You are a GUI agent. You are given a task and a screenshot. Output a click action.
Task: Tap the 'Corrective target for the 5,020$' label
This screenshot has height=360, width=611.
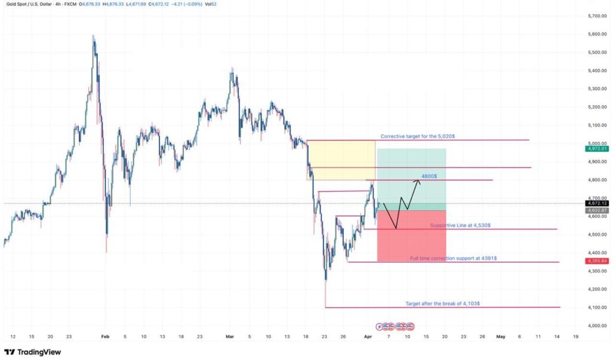pyautogui.click(x=418, y=137)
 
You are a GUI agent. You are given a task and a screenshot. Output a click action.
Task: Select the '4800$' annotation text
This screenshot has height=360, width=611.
pyautogui.click(x=428, y=176)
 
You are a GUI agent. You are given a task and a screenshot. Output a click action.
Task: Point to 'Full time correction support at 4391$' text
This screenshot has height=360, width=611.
pyautogui.click(x=453, y=259)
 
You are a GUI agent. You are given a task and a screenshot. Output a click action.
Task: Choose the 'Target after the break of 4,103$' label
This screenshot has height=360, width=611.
pyautogui.click(x=443, y=304)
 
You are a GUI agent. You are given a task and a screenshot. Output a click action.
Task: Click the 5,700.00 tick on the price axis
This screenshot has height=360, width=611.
pyautogui.click(x=596, y=16)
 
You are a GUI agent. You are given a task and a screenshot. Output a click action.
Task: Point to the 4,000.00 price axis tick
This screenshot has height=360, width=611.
pyautogui.click(x=596, y=326)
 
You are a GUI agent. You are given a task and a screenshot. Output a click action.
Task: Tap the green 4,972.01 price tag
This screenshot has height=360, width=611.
pyautogui.click(x=596, y=149)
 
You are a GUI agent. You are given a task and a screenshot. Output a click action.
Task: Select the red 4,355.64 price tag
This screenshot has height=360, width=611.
pyautogui.click(x=596, y=261)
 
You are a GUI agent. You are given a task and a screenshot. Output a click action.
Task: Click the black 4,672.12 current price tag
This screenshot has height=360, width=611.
pyautogui.click(x=596, y=204)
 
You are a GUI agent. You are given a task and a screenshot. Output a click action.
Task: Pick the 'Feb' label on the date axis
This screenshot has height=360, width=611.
pyautogui.click(x=106, y=337)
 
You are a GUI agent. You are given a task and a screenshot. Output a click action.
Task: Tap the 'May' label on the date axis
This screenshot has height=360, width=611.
pyautogui.click(x=500, y=337)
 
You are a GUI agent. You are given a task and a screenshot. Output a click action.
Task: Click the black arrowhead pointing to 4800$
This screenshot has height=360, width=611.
pyautogui.click(x=418, y=181)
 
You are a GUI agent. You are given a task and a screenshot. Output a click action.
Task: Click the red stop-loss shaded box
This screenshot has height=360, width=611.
pyautogui.click(x=412, y=236)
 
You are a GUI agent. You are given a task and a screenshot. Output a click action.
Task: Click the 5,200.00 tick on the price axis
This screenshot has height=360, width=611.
pyautogui.click(x=596, y=107)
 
